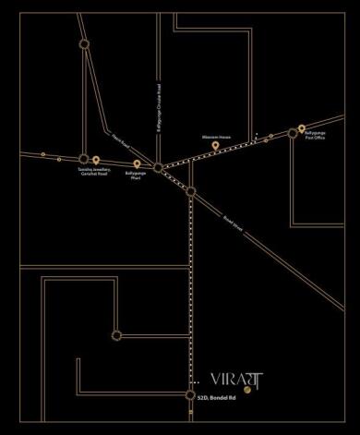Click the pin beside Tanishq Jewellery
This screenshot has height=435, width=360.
(x=96, y=161)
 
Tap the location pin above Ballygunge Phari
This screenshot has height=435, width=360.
(x=137, y=164)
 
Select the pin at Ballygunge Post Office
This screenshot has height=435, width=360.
(x=302, y=129)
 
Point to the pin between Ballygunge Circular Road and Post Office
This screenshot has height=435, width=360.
(x=215, y=145)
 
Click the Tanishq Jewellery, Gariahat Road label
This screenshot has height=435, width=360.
(x=95, y=174)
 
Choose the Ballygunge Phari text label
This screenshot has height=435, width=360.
(x=135, y=177)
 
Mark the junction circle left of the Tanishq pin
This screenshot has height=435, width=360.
(x=84, y=160)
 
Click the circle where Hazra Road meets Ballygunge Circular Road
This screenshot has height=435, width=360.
(x=159, y=167)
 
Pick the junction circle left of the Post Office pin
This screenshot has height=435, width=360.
(x=293, y=133)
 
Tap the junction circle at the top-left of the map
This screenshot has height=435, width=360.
(x=85, y=43)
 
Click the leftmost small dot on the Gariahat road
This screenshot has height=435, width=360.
(x=42, y=154)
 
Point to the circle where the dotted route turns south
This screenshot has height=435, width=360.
(x=191, y=192)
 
